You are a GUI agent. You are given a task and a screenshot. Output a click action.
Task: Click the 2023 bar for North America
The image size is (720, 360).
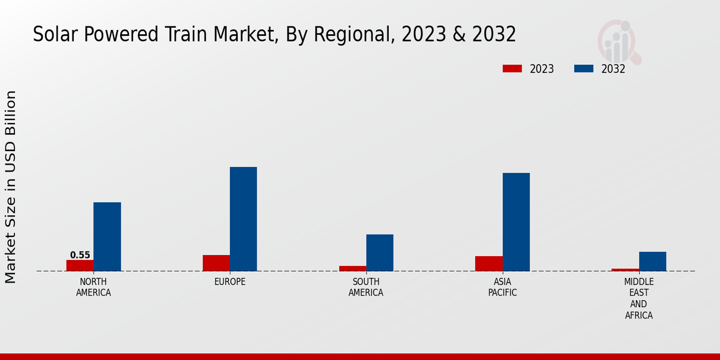click(80, 265)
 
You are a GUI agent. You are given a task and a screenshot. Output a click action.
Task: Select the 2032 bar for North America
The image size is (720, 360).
click(107, 236)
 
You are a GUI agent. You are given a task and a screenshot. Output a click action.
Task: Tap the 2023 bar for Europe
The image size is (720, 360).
click(216, 263)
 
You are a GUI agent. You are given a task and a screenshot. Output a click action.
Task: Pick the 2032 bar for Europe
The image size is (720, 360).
click(243, 219)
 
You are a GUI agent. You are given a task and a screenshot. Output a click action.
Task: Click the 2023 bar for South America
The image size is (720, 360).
click(352, 268)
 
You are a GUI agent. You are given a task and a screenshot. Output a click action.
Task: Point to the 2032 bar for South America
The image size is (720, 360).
click(380, 253)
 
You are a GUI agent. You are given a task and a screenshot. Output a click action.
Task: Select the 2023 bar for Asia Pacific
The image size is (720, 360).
click(488, 263)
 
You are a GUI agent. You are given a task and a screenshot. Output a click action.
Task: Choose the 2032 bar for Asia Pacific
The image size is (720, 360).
click(516, 222)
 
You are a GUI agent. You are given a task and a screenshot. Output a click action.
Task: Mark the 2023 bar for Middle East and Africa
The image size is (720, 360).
click(625, 269)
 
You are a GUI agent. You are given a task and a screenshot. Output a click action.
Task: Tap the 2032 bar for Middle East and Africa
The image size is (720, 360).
click(652, 261)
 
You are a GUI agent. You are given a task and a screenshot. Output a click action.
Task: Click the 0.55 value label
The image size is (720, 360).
click(80, 255)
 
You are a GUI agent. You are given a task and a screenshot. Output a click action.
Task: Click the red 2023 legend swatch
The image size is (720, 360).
click(512, 68)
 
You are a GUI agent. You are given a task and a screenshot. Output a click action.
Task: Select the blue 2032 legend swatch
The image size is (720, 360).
click(583, 68)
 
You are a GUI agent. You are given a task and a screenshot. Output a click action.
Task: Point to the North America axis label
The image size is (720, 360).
click(94, 287)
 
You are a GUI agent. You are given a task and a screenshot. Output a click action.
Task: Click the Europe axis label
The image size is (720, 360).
click(230, 282)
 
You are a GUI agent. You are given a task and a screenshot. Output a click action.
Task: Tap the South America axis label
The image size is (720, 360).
click(366, 287)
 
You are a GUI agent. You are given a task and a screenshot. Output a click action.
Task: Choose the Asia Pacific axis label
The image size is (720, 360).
click(502, 287)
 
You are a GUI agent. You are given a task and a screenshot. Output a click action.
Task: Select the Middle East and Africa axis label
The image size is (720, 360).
click(638, 298)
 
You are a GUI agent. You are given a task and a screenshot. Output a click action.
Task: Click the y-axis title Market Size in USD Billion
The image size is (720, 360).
click(11, 187)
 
